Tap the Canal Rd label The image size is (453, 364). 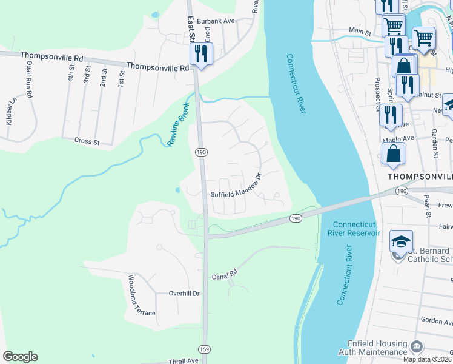tap(223, 277)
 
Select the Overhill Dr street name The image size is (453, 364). tap(180, 294)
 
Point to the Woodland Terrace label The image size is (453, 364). tap(140, 297)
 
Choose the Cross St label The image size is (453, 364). tap(87, 141)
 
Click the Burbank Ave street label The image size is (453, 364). tap(219, 20)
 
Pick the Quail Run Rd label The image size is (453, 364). tap(28, 81)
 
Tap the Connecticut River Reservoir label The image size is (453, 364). tap(356, 228)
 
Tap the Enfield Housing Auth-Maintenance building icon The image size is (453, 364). tap(417, 346)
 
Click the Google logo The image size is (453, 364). tap(21, 357)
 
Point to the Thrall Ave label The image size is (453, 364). tap(184, 361)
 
